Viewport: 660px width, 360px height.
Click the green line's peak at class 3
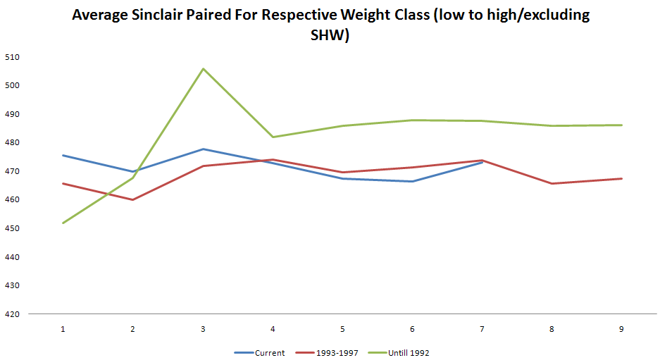(203, 69)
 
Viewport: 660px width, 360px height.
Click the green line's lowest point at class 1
(63, 223)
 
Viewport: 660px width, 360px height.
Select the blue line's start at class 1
(63, 155)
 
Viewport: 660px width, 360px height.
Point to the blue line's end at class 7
(482, 162)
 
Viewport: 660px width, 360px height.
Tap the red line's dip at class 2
(132, 199)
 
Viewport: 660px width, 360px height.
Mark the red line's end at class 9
(621, 178)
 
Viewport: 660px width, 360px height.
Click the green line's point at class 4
(273, 137)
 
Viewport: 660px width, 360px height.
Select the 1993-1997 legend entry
(334, 353)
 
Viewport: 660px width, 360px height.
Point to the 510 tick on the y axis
(12, 56)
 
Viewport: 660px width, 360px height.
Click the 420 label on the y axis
(12, 314)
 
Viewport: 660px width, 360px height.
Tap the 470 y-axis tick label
(12, 171)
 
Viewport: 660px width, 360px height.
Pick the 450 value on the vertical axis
(12, 228)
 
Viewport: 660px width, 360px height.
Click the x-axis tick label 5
(342, 329)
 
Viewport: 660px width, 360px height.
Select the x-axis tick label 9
(621, 329)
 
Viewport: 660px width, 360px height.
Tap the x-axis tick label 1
(63, 329)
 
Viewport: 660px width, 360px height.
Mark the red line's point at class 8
(552, 183)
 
